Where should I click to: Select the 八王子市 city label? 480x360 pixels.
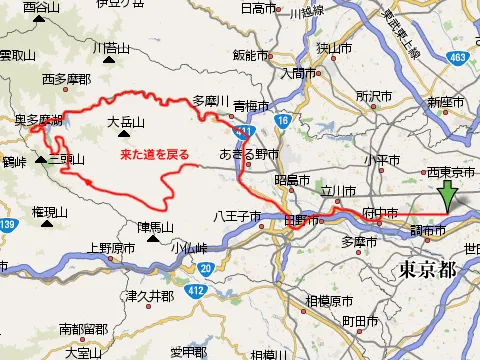pos(236,215)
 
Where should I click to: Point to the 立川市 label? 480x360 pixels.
pos(337,190)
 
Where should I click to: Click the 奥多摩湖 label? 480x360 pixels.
pos(39,120)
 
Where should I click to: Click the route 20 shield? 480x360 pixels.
pos(205,268)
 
